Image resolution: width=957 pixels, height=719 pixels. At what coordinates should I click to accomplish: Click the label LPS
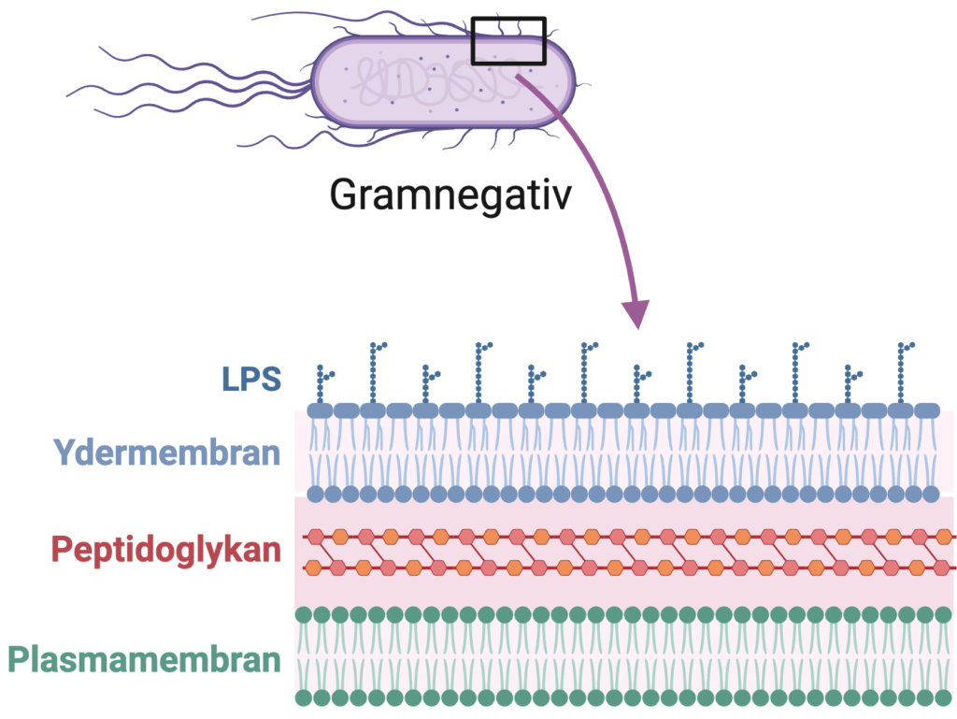point(251,379)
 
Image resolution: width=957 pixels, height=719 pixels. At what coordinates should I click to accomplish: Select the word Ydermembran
point(167,453)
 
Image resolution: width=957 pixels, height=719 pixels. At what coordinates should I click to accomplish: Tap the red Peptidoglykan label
point(166,549)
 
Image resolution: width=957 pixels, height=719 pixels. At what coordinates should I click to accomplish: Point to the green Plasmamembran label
point(145,660)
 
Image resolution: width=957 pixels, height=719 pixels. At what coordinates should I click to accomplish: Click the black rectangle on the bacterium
point(508,41)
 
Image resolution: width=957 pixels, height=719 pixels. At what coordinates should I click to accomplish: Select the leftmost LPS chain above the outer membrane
point(323,385)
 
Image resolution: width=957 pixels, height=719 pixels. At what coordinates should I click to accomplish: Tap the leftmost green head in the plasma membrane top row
point(304,614)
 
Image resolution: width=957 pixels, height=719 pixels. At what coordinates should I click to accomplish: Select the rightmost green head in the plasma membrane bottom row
point(939,697)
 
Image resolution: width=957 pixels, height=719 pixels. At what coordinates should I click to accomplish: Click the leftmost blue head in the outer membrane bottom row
point(316,494)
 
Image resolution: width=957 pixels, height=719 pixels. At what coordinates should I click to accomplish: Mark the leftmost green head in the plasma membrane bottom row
point(304,697)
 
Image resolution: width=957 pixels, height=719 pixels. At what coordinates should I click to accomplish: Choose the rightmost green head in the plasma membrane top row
point(939,614)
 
